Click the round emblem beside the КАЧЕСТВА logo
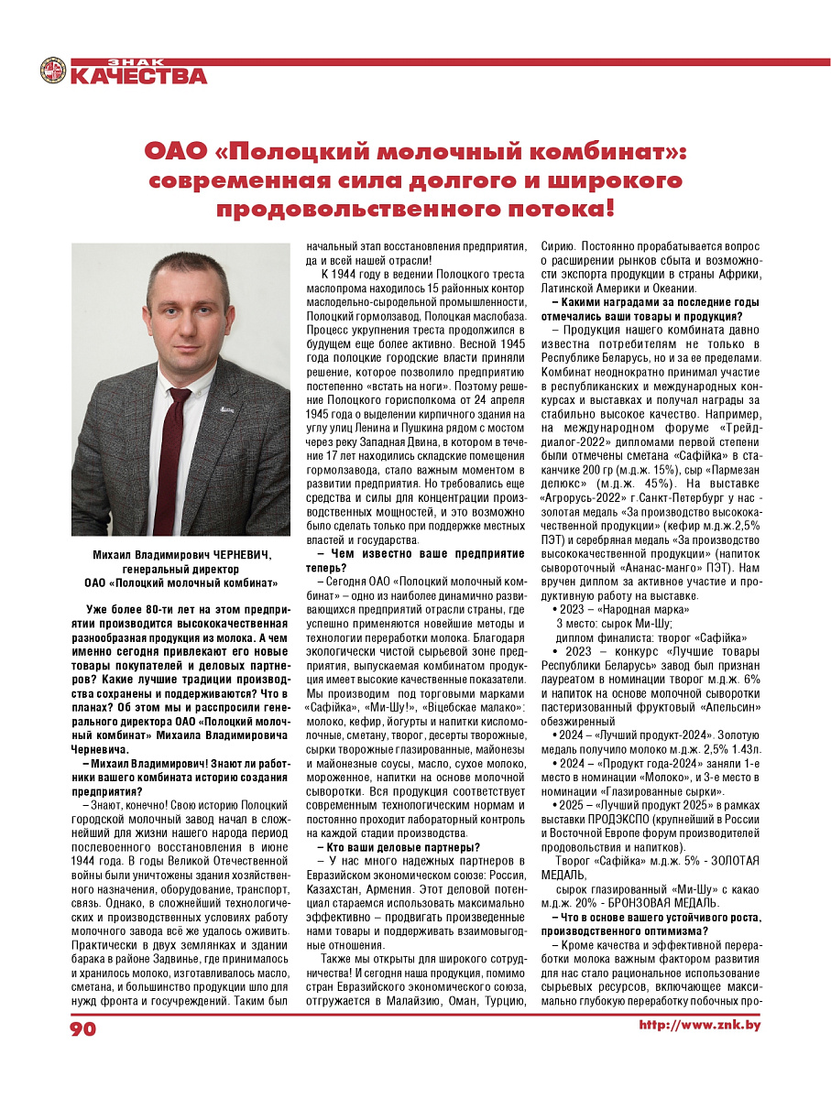click(x=53, y=71)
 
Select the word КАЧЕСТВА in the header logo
click(x=138, y=76)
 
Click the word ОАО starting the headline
click(x=178, y=150)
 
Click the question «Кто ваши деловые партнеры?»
click(x=399, y=848)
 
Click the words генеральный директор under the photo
click(x=180, y=569)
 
